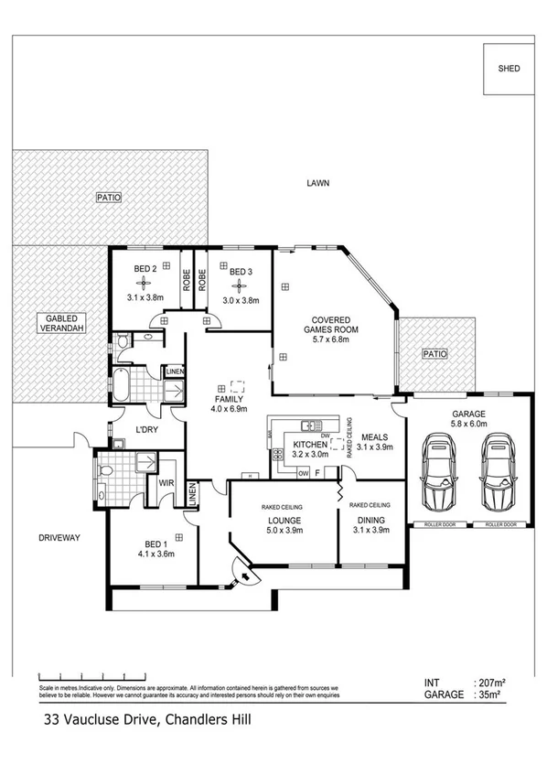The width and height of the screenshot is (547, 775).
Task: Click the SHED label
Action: click(x=509, y=69)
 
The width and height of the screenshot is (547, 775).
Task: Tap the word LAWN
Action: click(x=317, y=183)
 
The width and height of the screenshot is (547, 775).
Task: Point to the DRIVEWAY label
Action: click(x=59, y=537)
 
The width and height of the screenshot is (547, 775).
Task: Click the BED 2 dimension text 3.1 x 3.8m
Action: click(x=145, y=297)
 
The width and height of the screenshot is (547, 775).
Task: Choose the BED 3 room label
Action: click(x=241, y=272)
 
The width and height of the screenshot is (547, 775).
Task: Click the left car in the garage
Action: click(x=439, y=475)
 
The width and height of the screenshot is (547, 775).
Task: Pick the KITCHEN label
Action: click(x=309, y=446)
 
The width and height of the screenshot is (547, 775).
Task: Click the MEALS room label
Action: click(x=375, y=436)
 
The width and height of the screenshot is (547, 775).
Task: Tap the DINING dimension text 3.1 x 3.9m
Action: click(x=370, y=531)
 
